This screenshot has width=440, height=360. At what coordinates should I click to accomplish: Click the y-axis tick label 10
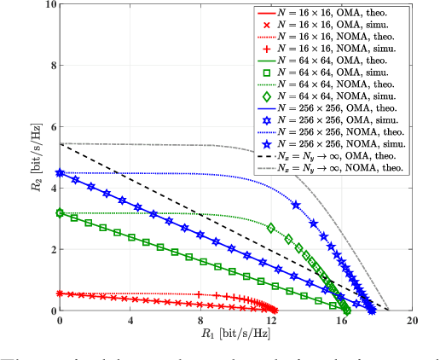[47, 5]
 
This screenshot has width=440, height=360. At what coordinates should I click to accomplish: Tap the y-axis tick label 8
[50, 66]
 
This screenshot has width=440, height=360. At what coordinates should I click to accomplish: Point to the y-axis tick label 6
[50, 127]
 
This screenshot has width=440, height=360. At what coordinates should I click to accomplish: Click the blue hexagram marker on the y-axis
[60, 173]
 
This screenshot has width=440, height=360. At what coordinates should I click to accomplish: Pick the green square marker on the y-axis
[60, 213]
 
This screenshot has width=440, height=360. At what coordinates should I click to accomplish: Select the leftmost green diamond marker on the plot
[271, 228]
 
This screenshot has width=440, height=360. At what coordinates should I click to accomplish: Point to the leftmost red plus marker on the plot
[198, 294]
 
